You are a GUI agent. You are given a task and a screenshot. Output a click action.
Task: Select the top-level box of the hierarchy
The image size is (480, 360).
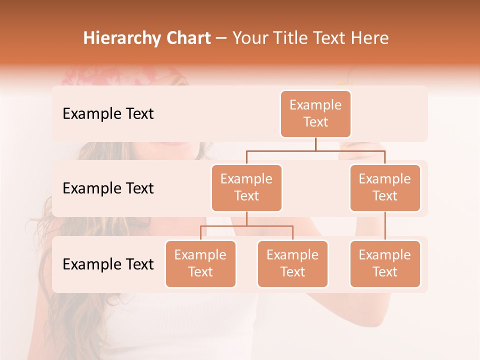tap(315, 114)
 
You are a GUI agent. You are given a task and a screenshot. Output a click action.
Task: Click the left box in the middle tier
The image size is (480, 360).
tap(246, 188)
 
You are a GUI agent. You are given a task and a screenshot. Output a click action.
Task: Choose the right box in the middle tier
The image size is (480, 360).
tap(385, 188)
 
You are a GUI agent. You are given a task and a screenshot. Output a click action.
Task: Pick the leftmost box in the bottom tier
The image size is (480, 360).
tap(200, 264)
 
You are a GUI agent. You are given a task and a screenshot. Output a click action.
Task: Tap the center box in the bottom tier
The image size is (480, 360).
tap(292, 264)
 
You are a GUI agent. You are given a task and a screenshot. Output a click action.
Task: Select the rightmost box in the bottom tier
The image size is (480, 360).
tap(385, 264)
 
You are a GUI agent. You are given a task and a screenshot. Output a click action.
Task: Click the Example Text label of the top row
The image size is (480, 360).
tap(108, 114)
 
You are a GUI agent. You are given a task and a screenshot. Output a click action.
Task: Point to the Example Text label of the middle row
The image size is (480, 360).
tap(108, 188)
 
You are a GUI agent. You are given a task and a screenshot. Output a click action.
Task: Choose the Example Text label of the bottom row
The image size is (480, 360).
tap(108, 264)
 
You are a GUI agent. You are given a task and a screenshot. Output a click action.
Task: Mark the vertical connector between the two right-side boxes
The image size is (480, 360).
tap(385, 226)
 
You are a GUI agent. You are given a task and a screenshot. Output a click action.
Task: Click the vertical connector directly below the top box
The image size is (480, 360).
tap(315, 144)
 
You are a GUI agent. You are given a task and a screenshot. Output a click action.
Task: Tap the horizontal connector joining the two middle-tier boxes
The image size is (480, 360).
tap(315, 150)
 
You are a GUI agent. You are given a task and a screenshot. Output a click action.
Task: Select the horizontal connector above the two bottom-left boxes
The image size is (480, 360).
tap(246, 226)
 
